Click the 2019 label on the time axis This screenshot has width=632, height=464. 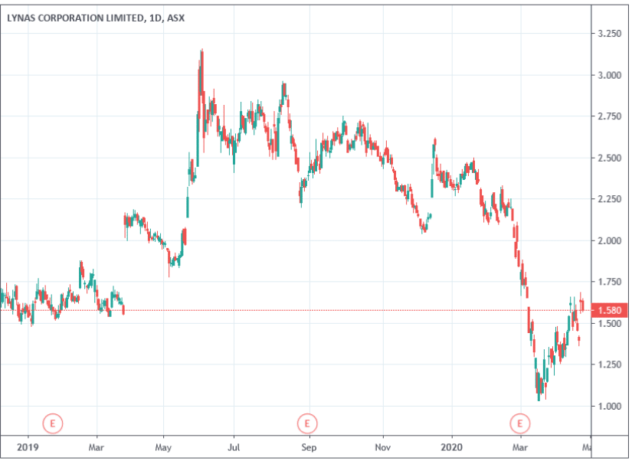tap(28, 446)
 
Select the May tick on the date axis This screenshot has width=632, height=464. tap(163, 446)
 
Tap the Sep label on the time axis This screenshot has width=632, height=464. tap(308, 446)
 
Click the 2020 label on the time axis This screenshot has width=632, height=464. tap(452, 446)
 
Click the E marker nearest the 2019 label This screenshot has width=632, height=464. tap(52, 423)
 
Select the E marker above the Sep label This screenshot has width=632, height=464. tap(306, 423)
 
